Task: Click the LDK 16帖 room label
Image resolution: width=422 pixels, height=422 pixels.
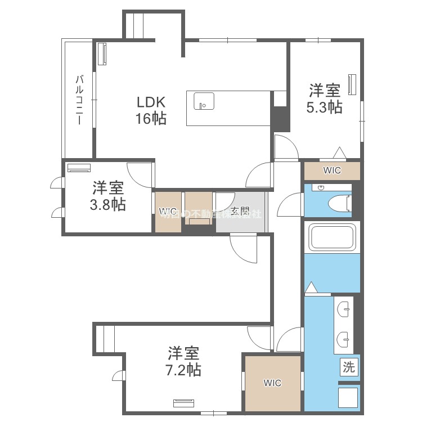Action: click(151, 111)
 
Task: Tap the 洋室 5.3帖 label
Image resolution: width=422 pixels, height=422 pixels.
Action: click(324, 98)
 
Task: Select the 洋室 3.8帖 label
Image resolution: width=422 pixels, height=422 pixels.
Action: click(108, 195)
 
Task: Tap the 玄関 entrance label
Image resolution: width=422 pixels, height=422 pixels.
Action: click(240, 212)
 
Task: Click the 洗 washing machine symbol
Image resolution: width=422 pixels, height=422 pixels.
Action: click(349, 368)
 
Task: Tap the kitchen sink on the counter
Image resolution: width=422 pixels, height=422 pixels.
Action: click(204, 102)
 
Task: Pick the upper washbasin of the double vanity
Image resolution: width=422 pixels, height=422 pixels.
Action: click(344, 308)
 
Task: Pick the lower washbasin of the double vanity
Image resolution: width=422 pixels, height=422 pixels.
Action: click(344, 339)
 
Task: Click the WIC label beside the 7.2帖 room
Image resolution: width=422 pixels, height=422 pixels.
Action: click(272, 383)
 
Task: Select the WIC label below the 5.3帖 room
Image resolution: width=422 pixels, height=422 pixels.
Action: click(331, 170)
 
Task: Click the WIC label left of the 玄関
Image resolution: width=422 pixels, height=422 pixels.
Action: click(168, 212)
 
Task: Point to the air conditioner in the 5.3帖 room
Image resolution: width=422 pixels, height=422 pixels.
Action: click(353, 84)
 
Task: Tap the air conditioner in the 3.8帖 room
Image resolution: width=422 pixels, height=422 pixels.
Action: click(79, 167)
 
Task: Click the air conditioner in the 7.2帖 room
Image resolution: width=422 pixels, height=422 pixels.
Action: click(183, 402)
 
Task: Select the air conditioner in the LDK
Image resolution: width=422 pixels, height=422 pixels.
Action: click(102, 55)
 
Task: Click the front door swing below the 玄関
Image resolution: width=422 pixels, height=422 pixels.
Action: click(243, 248)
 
